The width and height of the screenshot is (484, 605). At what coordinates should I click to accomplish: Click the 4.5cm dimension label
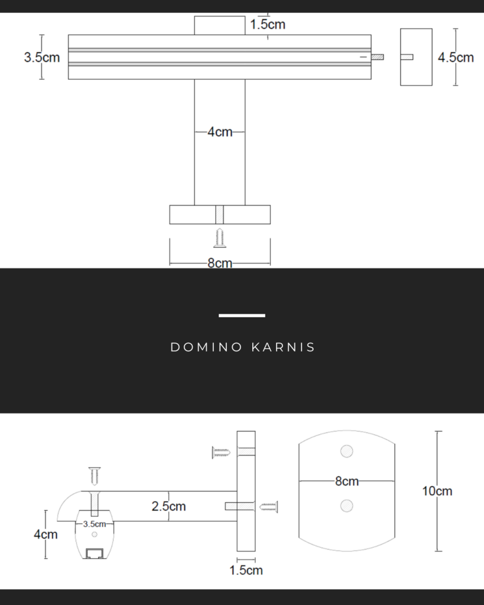point(456,57)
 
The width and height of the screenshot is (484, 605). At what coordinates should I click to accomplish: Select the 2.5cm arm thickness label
point(168,506)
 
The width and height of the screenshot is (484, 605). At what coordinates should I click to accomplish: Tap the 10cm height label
point(437,491)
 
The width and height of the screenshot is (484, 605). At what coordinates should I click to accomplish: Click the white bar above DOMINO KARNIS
point(242,315)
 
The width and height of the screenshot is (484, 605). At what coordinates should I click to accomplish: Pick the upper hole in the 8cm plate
point(347,451)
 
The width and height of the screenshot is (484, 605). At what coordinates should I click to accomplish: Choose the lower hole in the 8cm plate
point(347,506)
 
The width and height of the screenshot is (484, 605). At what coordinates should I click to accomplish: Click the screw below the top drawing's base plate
point(220,238)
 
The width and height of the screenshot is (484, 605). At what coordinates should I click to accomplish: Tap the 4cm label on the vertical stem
point(220,132)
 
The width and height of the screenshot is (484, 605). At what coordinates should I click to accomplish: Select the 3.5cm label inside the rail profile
point(95,523)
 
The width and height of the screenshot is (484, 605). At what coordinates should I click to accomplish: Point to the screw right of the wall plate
point(268,506)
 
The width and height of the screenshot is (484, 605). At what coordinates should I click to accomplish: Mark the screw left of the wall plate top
point(220,453)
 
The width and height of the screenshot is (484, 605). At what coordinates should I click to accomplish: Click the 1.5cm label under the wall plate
point(246,570)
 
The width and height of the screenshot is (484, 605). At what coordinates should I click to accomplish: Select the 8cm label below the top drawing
point(220,264)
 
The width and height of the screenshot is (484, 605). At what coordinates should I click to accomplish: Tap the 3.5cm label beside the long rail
point(41,57)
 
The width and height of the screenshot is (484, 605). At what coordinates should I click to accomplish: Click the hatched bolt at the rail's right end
point(377,57)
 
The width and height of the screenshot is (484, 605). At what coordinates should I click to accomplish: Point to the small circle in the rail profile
point(95,534)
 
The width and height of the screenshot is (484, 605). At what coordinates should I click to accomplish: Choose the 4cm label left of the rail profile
point(46,534)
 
